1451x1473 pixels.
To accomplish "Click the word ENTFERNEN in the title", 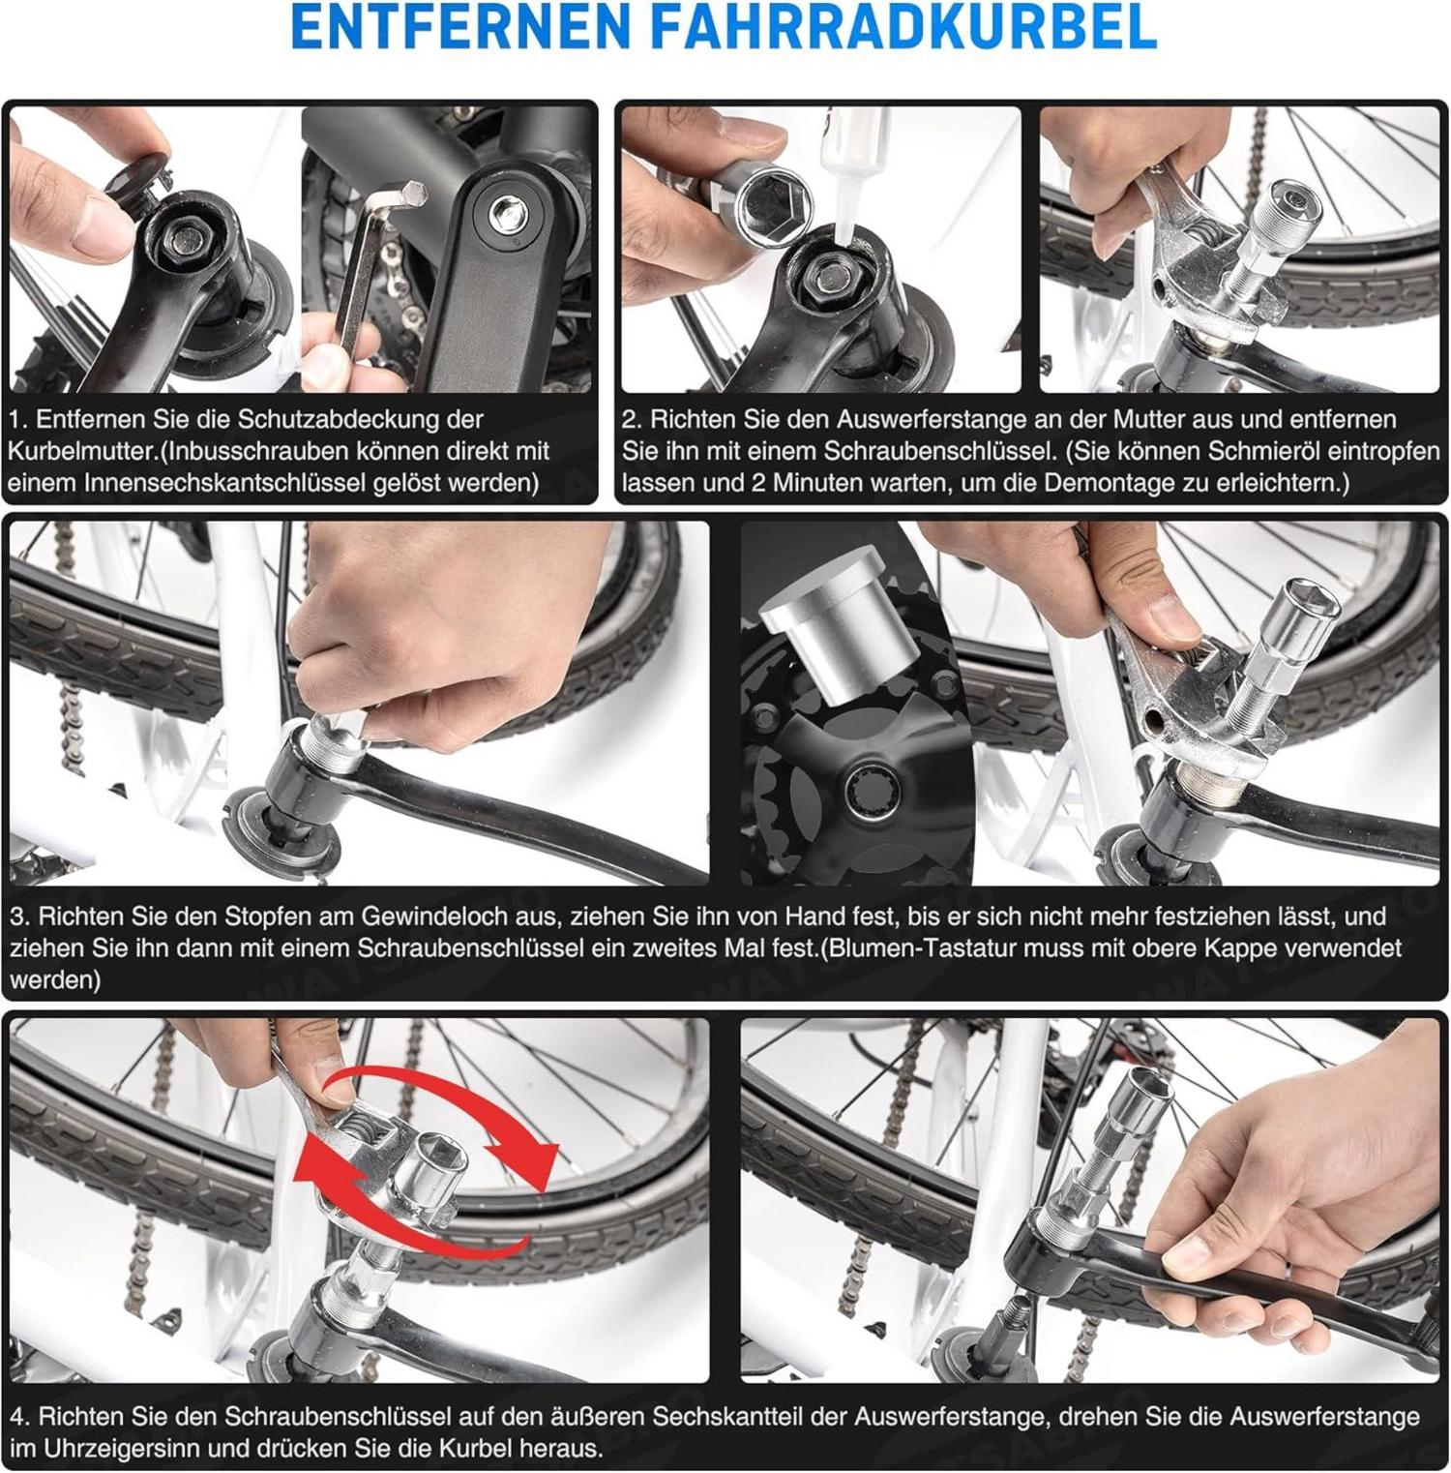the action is pyautogui.click(x=460, y=26).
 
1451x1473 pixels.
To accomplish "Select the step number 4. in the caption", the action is pyautogui.click(x=20, y=1418).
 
